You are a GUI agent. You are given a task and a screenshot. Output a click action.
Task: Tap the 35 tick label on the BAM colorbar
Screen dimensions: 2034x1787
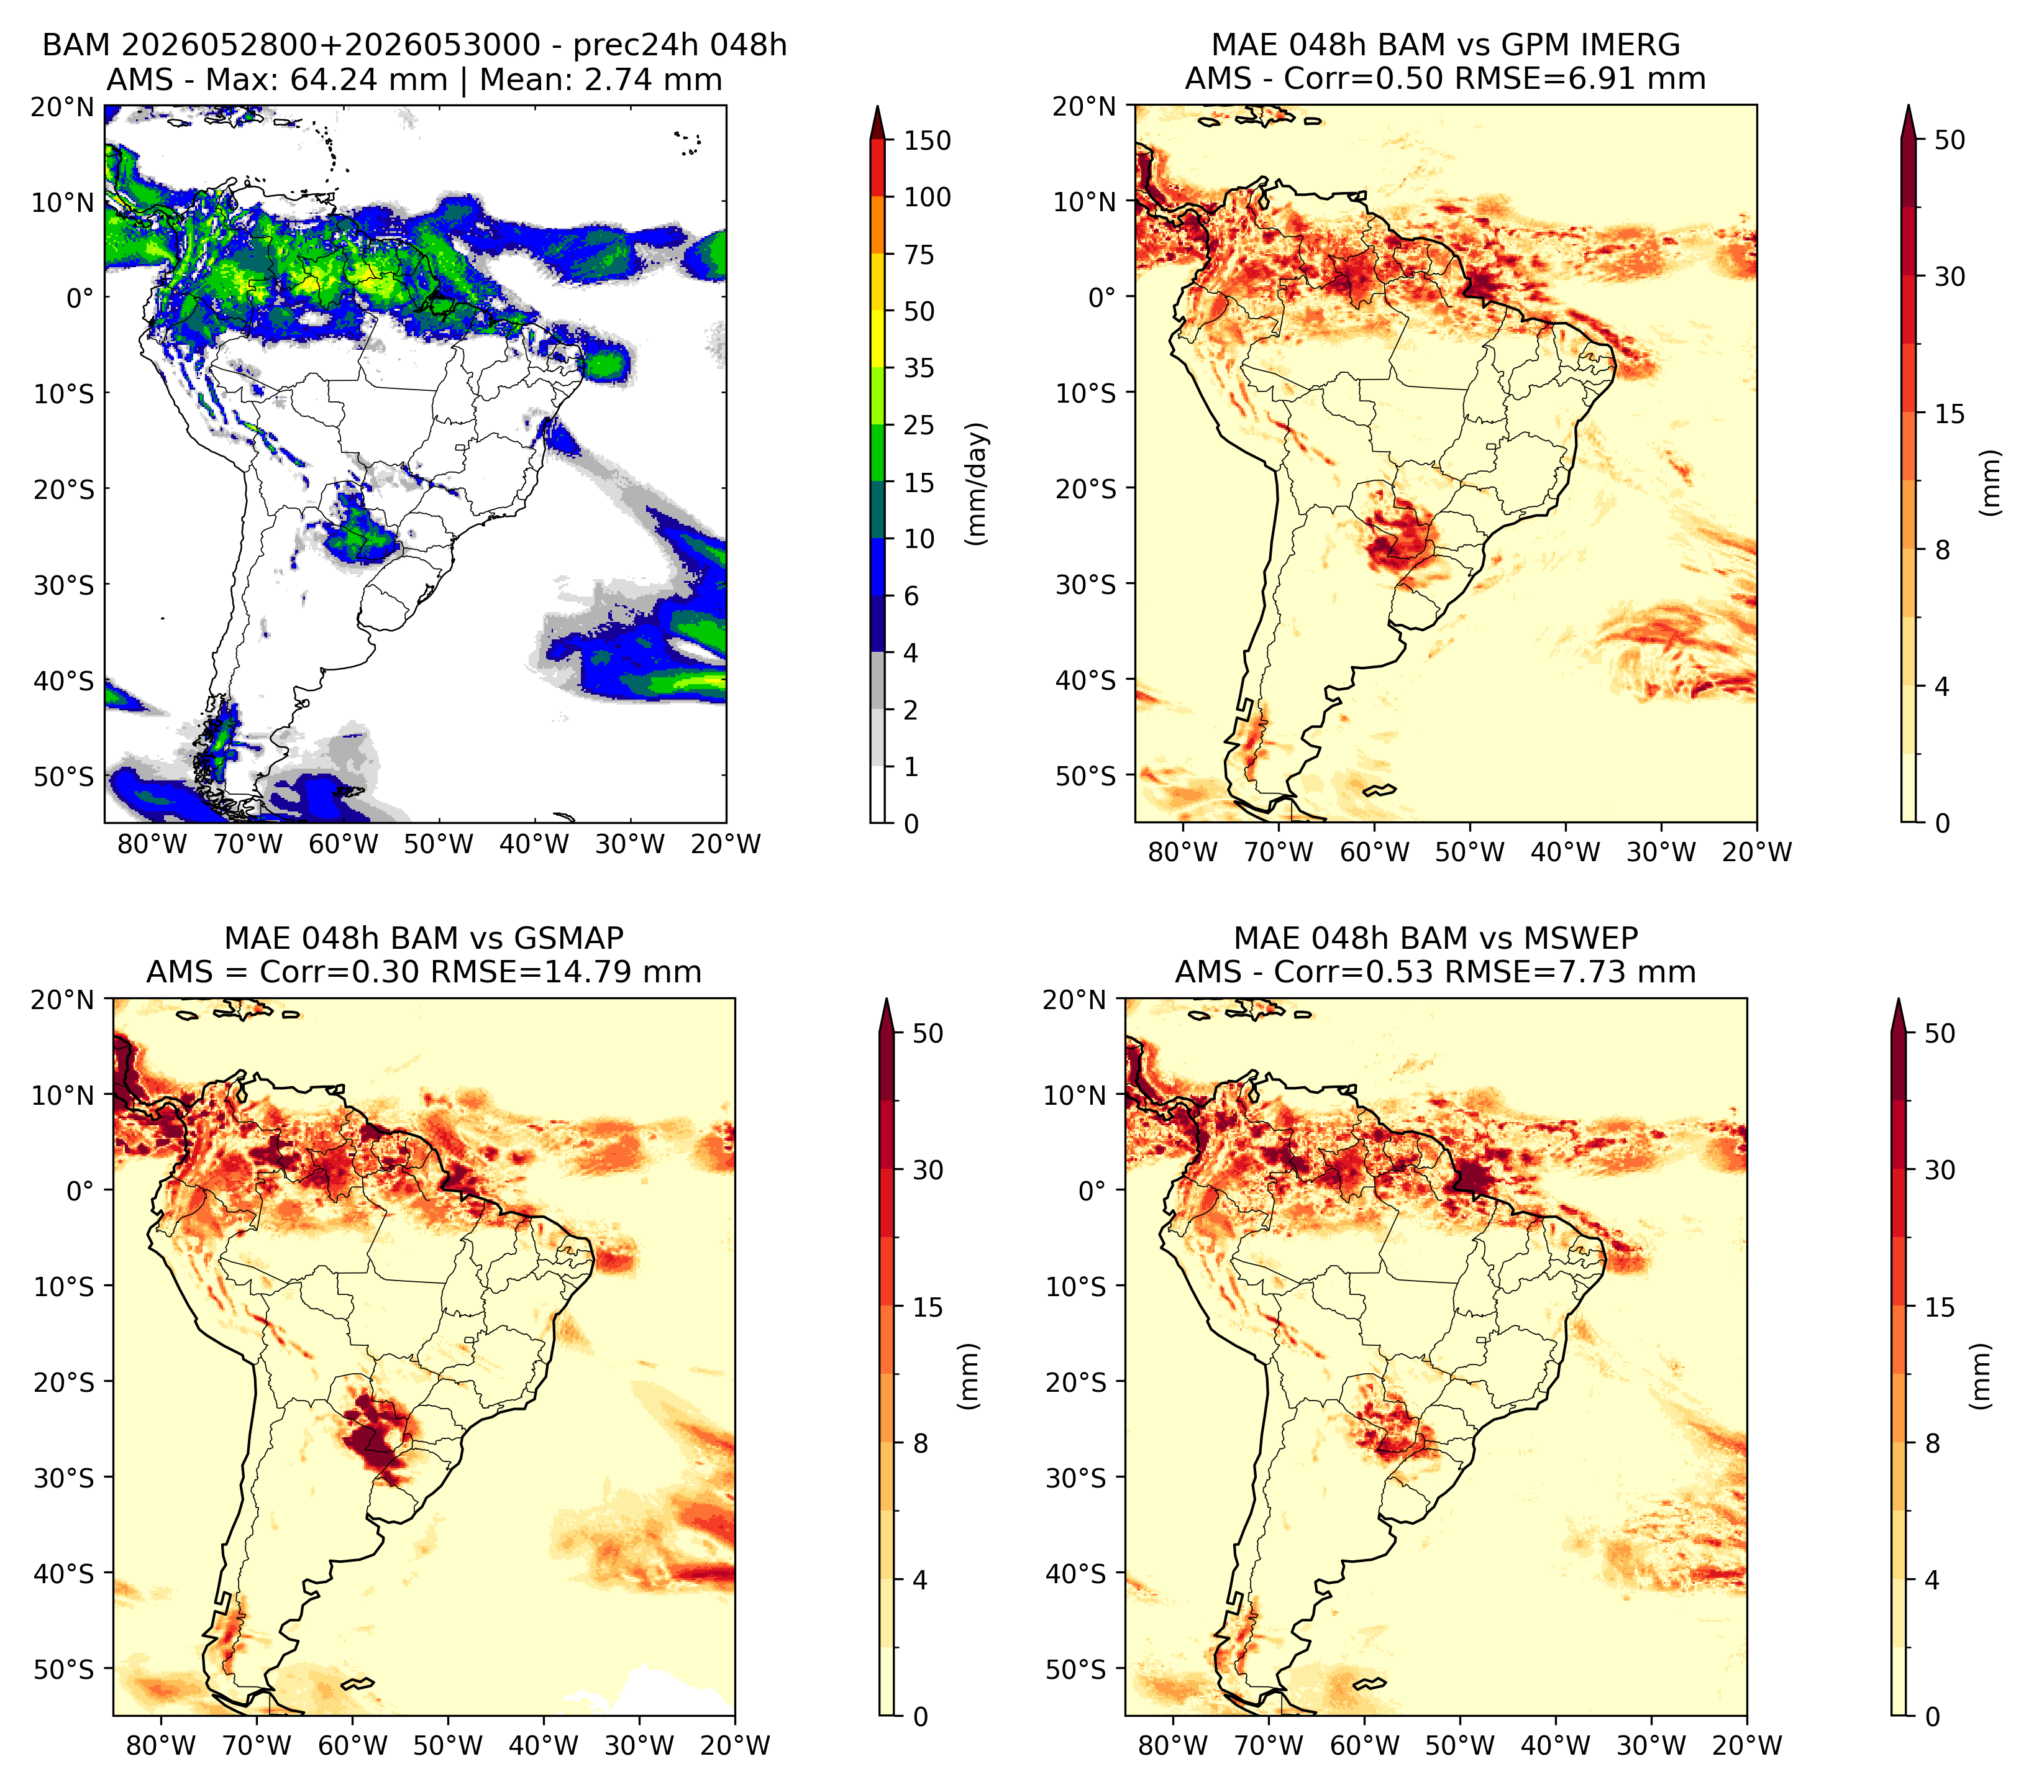(918, 368)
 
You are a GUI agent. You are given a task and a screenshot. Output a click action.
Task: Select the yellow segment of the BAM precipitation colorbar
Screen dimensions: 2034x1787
(878, 311)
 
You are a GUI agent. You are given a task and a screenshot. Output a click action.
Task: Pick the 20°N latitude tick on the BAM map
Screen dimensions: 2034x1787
(63, 106)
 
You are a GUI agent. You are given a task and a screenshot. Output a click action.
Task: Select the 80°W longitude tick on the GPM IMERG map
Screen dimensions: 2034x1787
(1182, 852)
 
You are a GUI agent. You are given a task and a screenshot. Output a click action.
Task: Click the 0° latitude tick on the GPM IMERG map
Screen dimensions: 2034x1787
(1101, 296)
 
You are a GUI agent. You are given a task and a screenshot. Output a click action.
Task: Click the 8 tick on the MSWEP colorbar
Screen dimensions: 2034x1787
(1931, 1444)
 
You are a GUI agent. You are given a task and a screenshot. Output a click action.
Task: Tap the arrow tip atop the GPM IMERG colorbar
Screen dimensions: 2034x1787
(1909, 104)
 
